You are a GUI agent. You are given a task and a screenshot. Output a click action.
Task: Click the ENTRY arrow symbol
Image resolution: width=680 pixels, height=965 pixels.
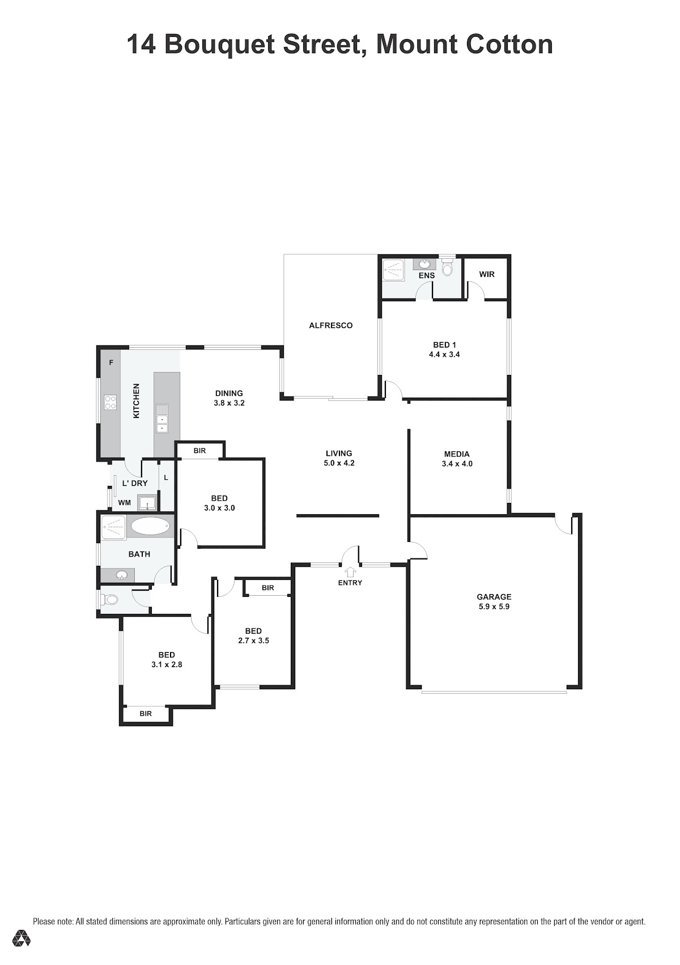click(x=350, y=571)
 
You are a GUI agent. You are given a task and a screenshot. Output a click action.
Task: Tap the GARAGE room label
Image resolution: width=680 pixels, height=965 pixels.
click(x=494, y=597)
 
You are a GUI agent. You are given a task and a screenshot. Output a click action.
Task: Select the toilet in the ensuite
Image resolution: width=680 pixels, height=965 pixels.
click(x=447, y=267)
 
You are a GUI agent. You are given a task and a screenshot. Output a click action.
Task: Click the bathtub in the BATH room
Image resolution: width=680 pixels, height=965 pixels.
click(x=150, y=526)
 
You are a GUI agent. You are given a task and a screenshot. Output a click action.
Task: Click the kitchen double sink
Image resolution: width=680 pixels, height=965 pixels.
click(x=161, y=419)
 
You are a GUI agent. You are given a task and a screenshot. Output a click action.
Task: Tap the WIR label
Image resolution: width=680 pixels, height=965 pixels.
click(x=486, y=274)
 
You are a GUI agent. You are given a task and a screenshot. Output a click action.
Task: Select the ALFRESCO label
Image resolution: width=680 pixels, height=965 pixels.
click(x=331, y=326)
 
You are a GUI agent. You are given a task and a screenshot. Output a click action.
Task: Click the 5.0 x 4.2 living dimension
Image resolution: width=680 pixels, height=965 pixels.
click(x=339, y=463)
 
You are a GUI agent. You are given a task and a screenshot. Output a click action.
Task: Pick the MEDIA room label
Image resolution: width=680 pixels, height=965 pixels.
click(x=457, y=454)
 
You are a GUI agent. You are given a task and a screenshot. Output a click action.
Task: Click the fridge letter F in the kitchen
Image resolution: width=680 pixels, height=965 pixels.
click(x=111, y=363)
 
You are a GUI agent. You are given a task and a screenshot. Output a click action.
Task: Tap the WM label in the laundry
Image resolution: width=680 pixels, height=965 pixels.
click(x=125, y=502)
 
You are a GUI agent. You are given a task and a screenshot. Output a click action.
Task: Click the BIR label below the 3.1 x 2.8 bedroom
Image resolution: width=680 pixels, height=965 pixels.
click(x=146, y=714)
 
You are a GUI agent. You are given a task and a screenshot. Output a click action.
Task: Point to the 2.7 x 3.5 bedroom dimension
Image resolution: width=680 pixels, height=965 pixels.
click(x=253, y=641)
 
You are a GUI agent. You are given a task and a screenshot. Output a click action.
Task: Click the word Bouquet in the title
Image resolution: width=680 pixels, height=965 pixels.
click(x=219, y=45)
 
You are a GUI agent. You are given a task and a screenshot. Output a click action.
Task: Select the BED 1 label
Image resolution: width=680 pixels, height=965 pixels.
click(x=445, y=345)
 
